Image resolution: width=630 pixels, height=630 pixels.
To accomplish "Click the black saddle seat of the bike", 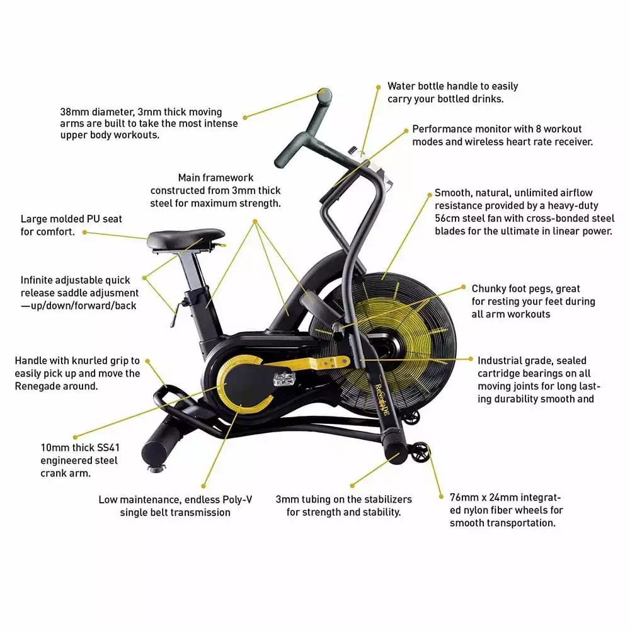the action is [186, 239].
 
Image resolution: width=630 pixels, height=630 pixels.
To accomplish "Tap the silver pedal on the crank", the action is [285, 379].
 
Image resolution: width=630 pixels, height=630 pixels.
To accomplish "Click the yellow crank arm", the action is [306, 364].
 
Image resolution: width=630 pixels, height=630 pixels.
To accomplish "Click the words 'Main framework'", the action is [215, 178].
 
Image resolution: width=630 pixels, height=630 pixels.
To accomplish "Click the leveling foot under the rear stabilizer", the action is [157, 467].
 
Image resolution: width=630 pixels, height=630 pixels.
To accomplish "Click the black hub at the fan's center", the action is [388, 345].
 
